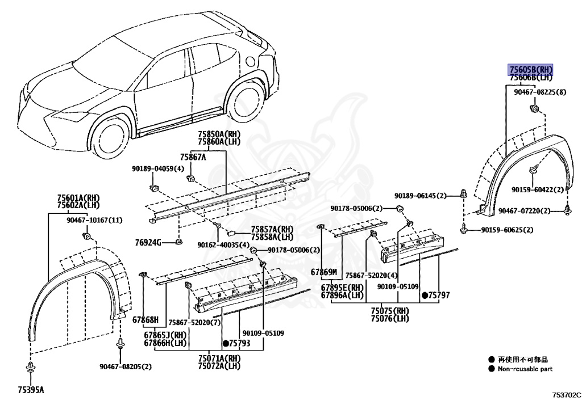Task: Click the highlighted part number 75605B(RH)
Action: point(531,69)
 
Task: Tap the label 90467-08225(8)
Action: point(540,92)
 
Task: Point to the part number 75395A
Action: point(30,390)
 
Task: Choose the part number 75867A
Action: point(193,157)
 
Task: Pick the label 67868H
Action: point(145,320)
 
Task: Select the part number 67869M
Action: point(324,272)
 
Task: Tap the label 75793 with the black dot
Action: point(237,343)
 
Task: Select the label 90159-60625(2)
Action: point(507,230)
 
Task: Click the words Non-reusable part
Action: point(525,369)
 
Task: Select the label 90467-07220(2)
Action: point(525,211)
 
